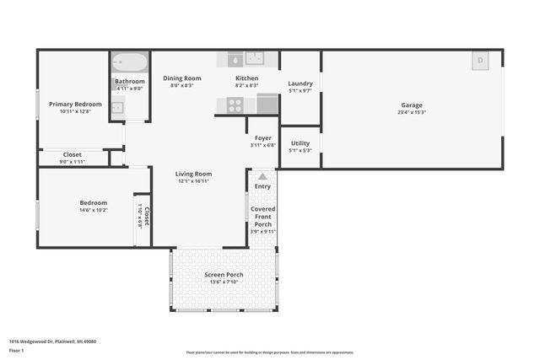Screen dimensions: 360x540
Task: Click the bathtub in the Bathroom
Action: [x=130, y=62]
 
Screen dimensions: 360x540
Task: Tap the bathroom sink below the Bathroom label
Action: [x=117, y=105]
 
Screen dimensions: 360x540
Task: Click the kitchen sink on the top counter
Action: [x=254, y=58]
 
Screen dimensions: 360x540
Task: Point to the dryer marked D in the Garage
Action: [x=480, y=60]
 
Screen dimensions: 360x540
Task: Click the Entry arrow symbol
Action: [x=262, y=176]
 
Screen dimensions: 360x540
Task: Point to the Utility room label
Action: [x=300, y=143]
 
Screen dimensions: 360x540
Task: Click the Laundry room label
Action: [x=300, y=83]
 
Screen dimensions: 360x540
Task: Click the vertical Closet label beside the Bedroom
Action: [x=146, y=217]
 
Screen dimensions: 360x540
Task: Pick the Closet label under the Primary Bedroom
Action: [x=73, y=154]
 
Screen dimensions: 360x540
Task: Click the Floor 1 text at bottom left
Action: [x=16, y=349]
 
